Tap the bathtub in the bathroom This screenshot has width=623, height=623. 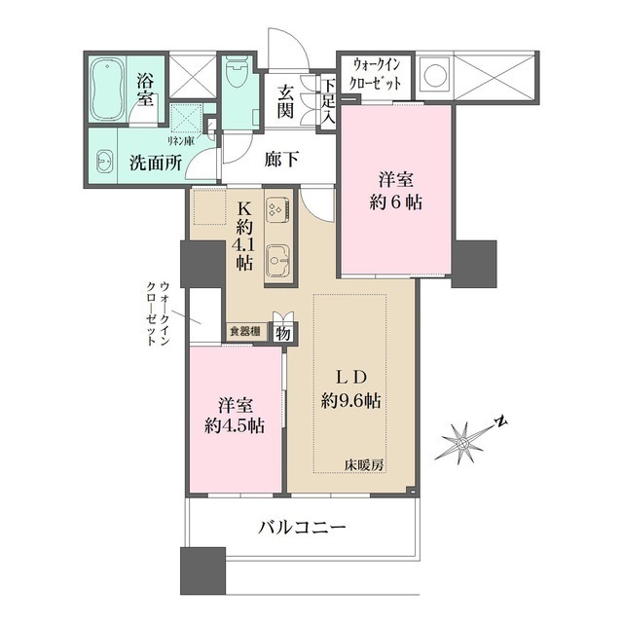(x=105, y=88)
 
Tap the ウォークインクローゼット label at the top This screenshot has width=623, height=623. (x=377, y=74)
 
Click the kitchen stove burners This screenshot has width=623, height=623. (x=275, y=209)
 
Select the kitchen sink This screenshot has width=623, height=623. (x=277, y=259)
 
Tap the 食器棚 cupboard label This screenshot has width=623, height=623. (x=244, y=332)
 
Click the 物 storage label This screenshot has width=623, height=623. (x=281, y=332)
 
